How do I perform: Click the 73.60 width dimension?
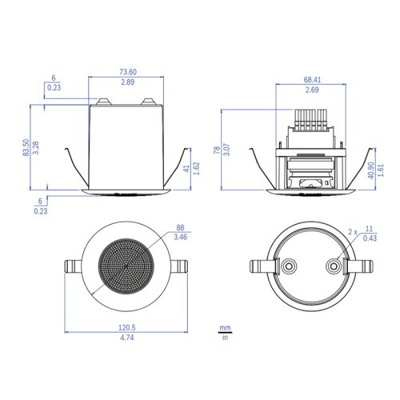[x=128, y=72]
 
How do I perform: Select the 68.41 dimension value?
[x=312, y=80]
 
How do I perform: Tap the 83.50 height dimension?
[x=26, y=147]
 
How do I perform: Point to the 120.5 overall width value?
[x=127, y=327]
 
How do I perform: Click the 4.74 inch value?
[x=127, y=338]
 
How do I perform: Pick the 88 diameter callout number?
[x=180, y=228]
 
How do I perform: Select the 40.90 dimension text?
[x=371, y=170]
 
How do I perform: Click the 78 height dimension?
[x=217, y=150]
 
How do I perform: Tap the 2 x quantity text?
[x=353, y=232]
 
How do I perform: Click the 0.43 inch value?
[x=370, y=238]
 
